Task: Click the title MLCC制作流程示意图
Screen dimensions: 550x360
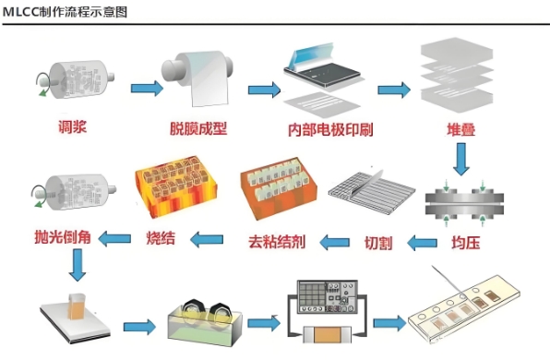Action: click(x=65, y=12)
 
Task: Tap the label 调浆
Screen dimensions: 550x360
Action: click(x=72, y=127)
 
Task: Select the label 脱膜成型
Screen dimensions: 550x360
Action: click(x=198, y=129)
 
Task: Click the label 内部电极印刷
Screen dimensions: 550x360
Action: click(x=330, y=130)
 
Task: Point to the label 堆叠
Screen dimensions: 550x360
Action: click(x=460, y=130)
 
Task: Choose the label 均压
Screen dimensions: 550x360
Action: click(x=465, y=243)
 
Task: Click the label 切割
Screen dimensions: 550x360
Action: click(x=378, y=243)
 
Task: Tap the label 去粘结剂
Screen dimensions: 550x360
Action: click(x=277, y=242)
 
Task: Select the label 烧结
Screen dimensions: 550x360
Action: click(x=161, y=238)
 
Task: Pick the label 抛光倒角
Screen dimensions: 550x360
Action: click(x=63, y=237)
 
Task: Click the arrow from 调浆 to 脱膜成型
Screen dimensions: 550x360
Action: click(x=147, y=88)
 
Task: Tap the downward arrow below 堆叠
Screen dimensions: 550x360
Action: click(x=460, y=159)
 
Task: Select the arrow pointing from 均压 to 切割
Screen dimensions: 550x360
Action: click(x=422, y=243)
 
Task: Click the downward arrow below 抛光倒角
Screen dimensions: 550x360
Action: click(x=78, y=265)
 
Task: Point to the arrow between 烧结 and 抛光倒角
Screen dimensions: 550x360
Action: click(x=114, y=239)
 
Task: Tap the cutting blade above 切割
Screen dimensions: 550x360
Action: click(x=367, y=182)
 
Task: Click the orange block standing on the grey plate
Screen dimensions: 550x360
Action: click(x=78, y=306)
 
